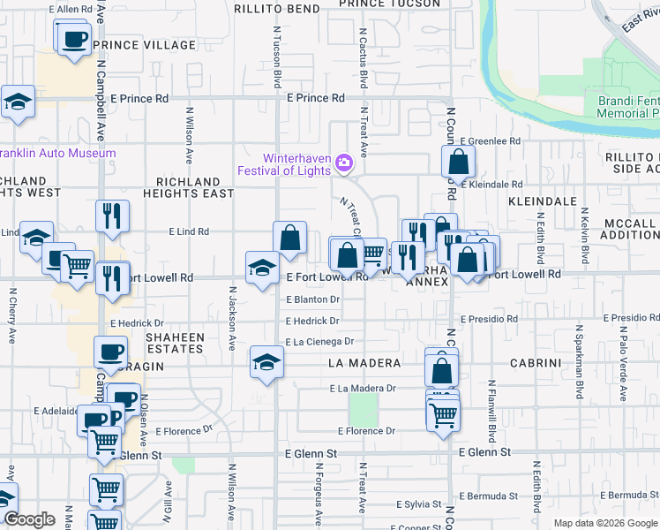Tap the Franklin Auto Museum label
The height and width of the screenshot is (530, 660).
[57, 153]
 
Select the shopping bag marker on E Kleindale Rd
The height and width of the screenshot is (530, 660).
[458, 162]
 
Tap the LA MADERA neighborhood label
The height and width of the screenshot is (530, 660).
[364, 363]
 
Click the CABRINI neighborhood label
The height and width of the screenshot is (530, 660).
[532, 363]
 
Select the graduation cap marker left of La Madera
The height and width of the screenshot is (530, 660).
[266, 361]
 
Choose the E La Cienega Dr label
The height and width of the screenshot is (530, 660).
[319, 341]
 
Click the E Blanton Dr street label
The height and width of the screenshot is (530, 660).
[312, 299]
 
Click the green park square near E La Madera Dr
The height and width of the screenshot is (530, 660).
[363, 409]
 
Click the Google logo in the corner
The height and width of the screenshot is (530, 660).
[30, 519]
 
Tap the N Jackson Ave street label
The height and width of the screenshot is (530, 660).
[233, 315]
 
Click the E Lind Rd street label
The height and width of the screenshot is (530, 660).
[189, 231]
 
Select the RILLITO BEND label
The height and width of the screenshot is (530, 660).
[277, 9]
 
